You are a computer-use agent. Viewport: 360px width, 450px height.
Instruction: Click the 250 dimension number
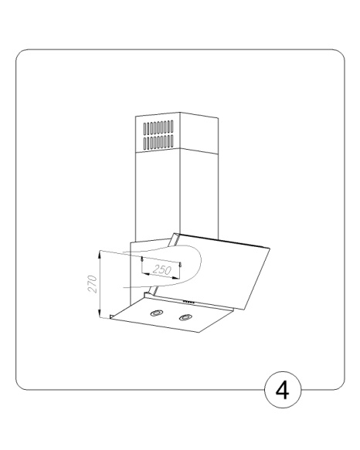(x=162, y=270)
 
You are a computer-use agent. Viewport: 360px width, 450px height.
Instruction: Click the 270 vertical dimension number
(x=92, y=284)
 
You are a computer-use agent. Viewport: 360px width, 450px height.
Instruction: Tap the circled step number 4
(x=283, y=390)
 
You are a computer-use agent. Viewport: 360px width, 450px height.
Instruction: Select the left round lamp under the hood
(x=157, y=313)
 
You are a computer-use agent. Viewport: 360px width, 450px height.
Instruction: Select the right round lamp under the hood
(x=185, y=317)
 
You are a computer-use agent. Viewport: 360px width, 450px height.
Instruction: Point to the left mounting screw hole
(x=142, y=259)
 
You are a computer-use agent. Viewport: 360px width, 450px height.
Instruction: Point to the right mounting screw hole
(x=180, y=264)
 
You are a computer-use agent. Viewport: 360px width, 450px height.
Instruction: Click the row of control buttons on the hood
(x=188, y=302)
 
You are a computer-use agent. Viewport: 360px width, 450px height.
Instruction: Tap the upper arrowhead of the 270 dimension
(x=100, y=254)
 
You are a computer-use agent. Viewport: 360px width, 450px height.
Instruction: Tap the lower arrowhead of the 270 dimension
(x=100, y=313)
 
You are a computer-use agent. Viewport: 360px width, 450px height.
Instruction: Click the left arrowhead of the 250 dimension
(x=145, y=274)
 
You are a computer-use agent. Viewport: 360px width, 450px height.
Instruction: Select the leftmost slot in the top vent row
(x=144, y=129)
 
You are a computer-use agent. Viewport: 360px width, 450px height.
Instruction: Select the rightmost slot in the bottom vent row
(x=172, y=141)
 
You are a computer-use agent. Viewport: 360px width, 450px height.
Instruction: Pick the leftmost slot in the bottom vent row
(x=144, y=144)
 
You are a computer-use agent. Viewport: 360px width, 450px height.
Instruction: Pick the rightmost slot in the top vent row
(x=172, y=126)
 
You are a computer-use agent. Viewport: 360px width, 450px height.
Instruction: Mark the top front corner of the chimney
(x=180, y=112)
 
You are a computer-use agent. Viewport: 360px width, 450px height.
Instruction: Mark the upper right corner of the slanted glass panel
(x=270, y=248)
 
